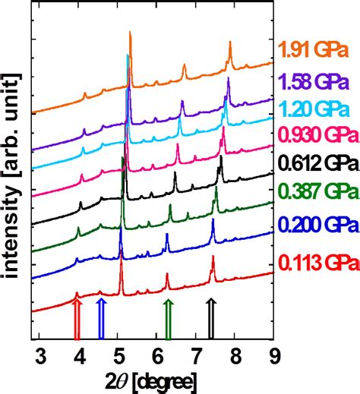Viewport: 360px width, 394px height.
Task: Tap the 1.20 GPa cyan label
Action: pyautogui.click(x=314, y=109)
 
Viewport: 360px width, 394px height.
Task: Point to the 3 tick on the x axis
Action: pyautogui.click(x=41, y=355)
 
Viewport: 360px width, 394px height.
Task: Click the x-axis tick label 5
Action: pyautogui.click(x=119, y=355)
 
